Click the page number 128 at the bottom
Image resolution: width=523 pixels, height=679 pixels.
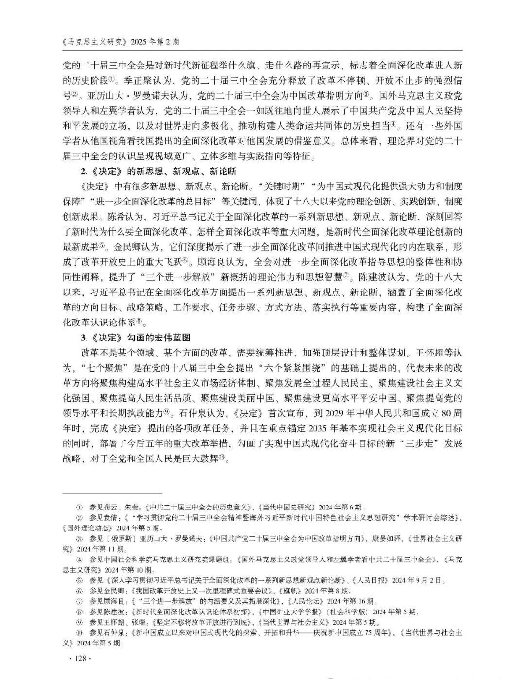point(78,658)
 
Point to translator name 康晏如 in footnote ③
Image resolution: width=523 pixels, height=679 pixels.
point(384,539)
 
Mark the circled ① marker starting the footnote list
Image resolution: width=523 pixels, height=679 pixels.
point(79,507)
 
